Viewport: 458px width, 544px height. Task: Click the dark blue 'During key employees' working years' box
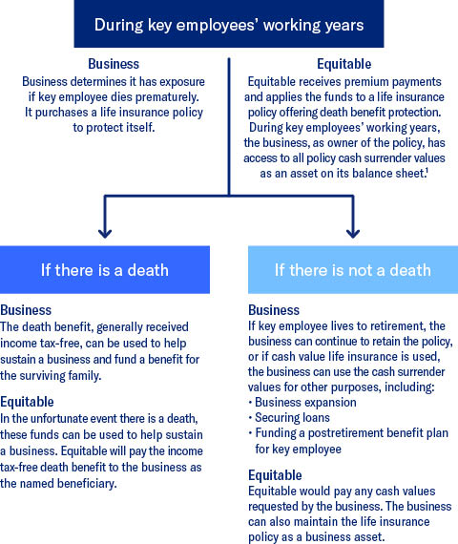coord(229,24)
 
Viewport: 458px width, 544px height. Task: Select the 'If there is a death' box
coord(105,269)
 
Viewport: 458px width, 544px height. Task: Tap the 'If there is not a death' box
coord(353,269)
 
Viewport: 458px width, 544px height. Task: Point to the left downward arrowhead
coord(105,233)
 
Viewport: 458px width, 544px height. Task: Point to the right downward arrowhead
coord(353,233)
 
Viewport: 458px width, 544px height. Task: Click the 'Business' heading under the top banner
coord(114,64)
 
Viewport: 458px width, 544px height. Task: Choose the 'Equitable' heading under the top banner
coord(344,64)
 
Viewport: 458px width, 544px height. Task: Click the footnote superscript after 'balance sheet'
coord(427,170)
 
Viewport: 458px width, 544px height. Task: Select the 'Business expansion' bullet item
coord(305,403)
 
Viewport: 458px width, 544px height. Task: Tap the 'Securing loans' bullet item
coord(293,418)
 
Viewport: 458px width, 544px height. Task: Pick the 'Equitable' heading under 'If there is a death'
coord(27,402)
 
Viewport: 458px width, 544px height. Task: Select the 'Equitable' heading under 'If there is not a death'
coord(275,475)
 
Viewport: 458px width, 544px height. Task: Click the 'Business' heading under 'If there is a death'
coord(26,310)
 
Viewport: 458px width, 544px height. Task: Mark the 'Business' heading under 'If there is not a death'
coord(274,310)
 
